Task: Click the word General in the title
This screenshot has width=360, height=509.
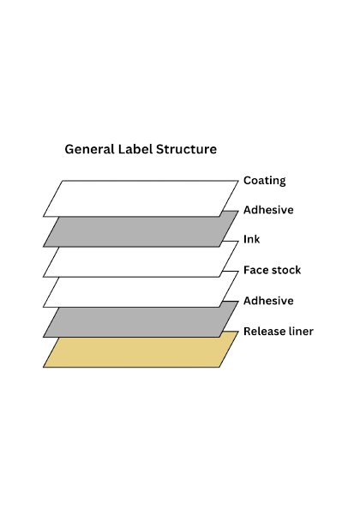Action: (x=89, y=149)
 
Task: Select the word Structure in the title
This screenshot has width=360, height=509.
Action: (x=186, y=149)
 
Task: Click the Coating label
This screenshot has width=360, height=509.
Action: (x=265, y=181)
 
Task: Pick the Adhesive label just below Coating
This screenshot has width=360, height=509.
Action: (x=268, y=210)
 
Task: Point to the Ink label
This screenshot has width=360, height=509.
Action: (x=252, y=239)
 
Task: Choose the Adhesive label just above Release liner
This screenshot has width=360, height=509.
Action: (x=268, y=301)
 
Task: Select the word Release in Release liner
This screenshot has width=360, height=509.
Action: (x=263, y=332)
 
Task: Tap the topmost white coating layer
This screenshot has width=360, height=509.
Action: (x=141, y=198)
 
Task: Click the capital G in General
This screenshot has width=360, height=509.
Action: (x=69, y=149)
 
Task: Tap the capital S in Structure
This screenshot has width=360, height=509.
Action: (x=159, y=149)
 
